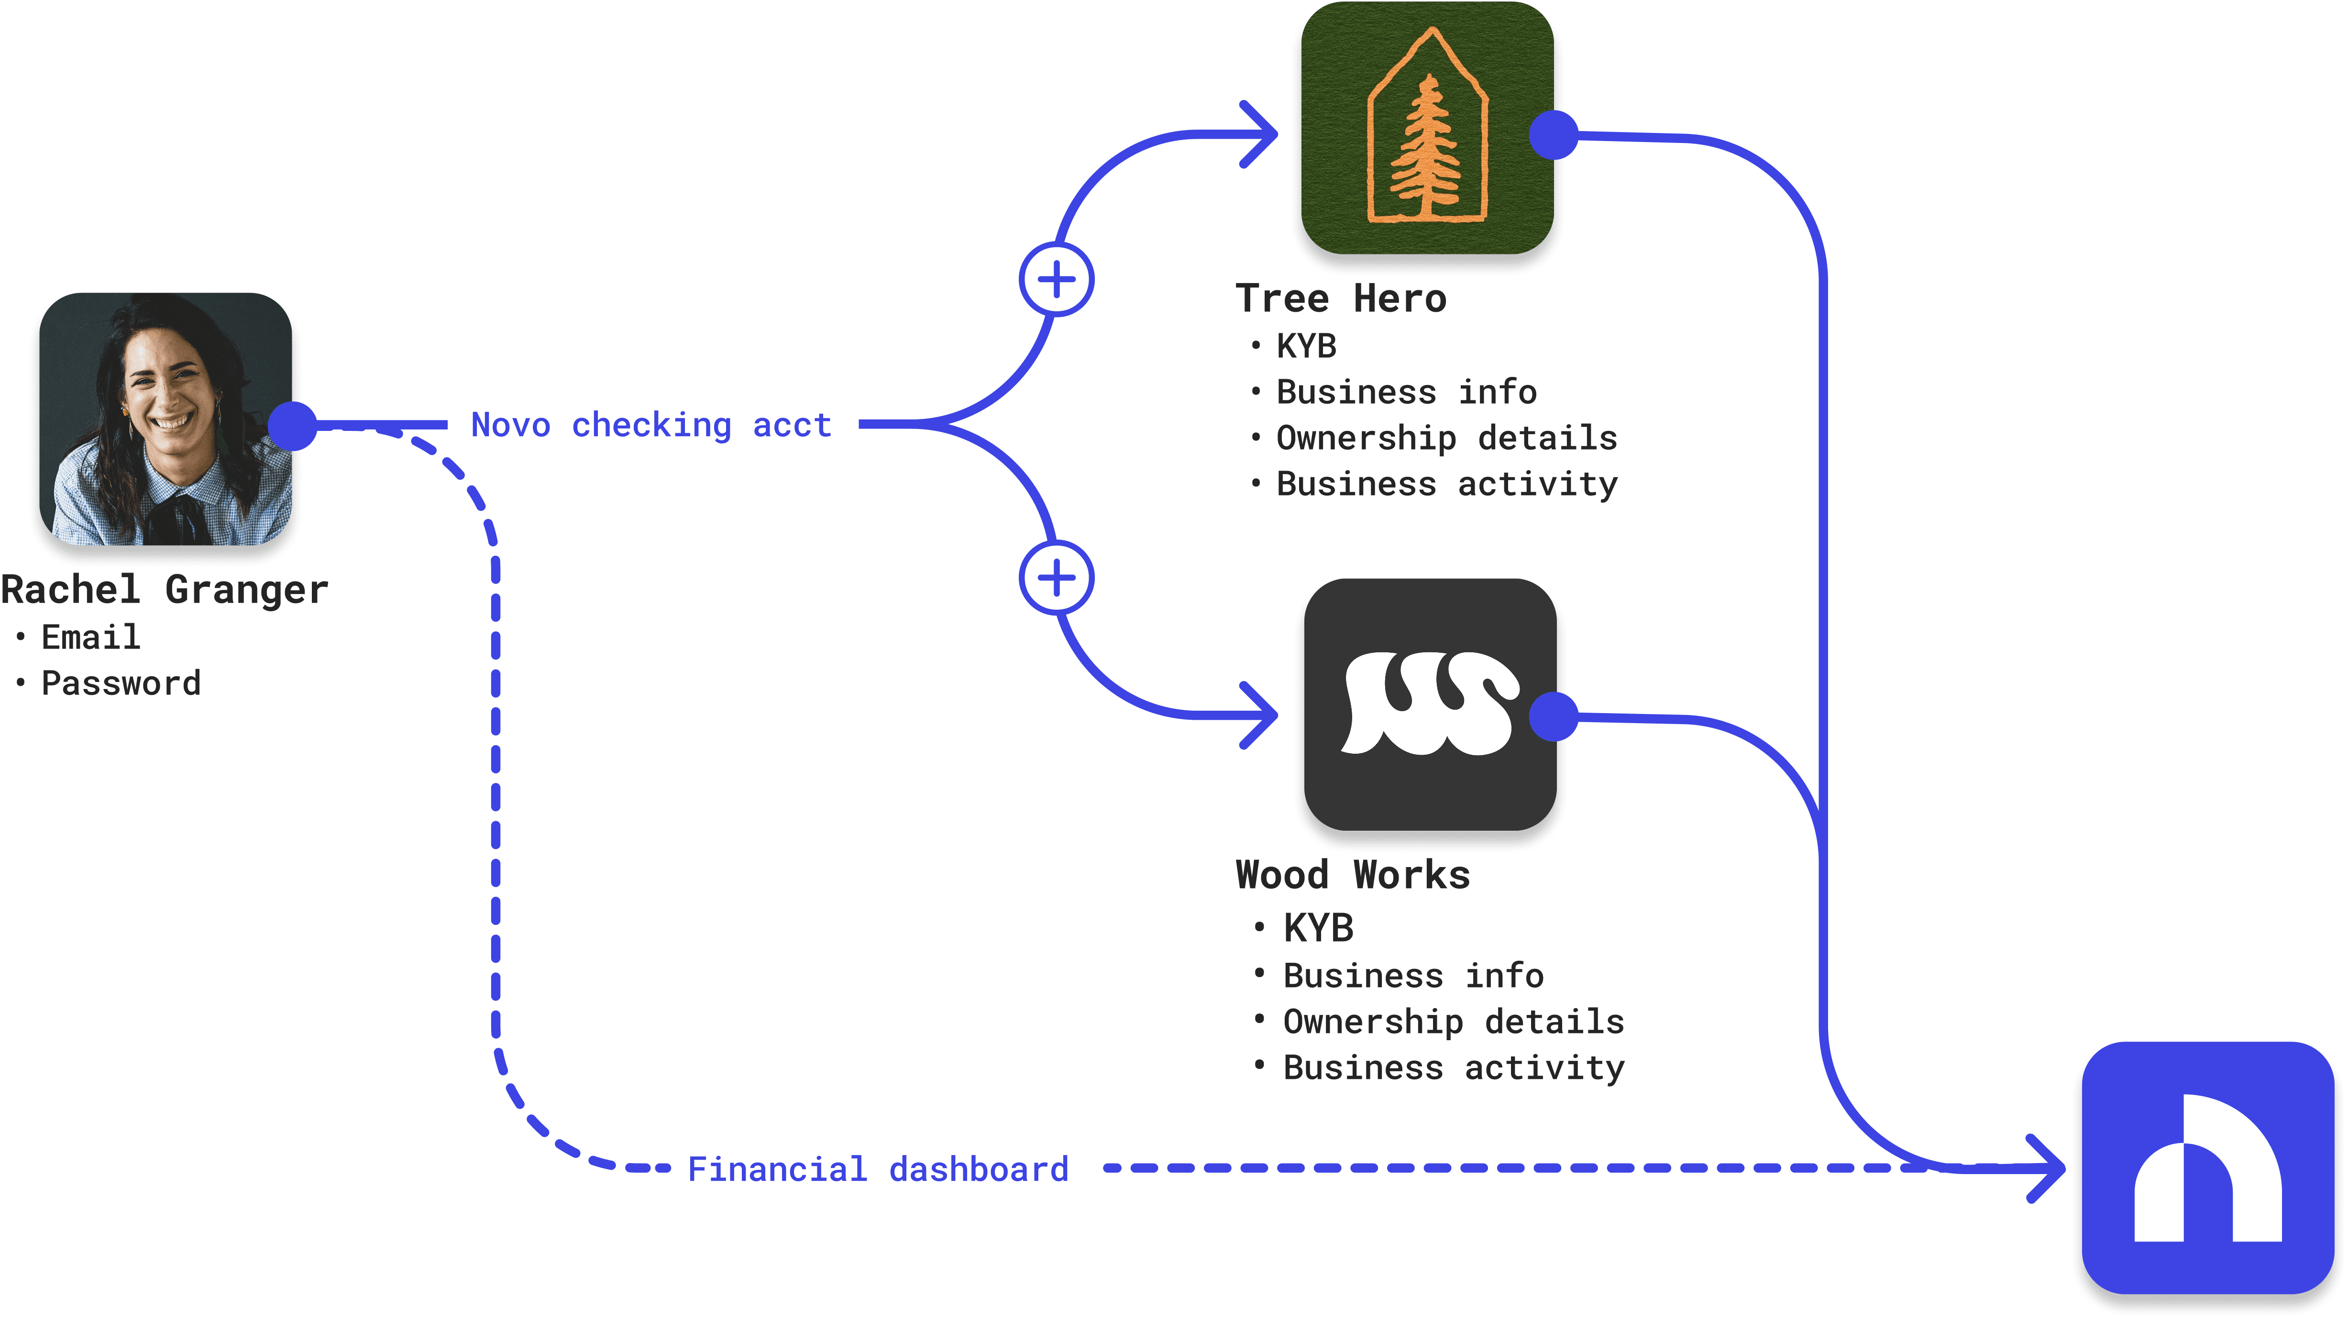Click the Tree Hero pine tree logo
[1427, 128]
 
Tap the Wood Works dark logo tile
[1430, 703]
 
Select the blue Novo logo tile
[2208, 1168]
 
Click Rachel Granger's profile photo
[166, 418]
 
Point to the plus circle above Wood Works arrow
[1057, 578]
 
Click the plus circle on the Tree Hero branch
[1057, 280]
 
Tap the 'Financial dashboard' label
[878, 1169]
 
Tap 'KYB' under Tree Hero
[1306, 346]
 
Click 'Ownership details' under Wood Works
[1454, 1022]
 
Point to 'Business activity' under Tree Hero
[1447, 484]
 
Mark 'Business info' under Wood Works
[1414, 975]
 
